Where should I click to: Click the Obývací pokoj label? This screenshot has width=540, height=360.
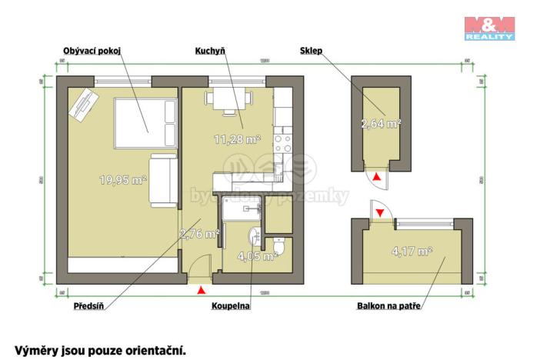[x=93, y=52]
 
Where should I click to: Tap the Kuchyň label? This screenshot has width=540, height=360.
[x=209, y=52]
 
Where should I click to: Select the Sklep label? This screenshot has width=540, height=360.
[x=311, y=52]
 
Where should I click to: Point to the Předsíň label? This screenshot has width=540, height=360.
[x=88, y=305]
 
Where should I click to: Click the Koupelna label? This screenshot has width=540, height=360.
[x=231, y=305]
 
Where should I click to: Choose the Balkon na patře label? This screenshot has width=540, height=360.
[x=388, y=305]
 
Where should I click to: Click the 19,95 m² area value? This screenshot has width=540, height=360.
[x=123, y=181]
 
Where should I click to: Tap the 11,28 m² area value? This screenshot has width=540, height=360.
[x=237, y=139]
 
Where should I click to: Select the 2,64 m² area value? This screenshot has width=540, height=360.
[x=381, y=122]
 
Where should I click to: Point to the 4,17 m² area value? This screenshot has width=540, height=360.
[x=412, y=251]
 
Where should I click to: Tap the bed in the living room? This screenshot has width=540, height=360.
[x=144, y=124]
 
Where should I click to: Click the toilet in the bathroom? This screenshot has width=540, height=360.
[x=283, y=246]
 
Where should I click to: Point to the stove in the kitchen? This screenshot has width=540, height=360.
[x=282, y=144]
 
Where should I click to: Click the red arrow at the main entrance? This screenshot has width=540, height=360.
[x=202, y=290]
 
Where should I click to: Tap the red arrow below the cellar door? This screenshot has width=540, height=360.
[x=376, y=178]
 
